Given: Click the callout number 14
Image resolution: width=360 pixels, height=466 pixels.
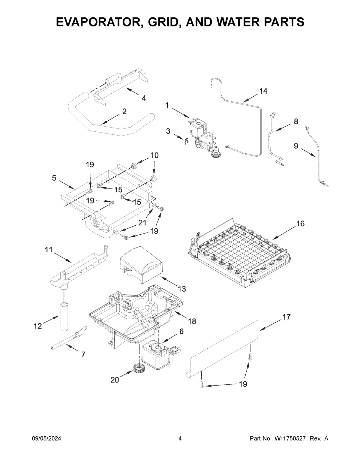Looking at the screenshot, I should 263,91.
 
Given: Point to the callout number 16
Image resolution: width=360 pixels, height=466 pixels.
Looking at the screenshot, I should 300,224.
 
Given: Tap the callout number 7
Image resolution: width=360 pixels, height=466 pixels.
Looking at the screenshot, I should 83,354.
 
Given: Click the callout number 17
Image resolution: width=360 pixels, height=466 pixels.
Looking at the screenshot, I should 286,317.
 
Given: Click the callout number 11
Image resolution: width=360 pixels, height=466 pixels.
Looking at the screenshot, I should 49,249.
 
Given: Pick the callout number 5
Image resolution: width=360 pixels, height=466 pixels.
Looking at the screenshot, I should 54,178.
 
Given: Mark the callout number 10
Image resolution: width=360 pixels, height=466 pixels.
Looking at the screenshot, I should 154,155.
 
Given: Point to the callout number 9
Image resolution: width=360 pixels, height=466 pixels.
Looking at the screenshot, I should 296,146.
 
